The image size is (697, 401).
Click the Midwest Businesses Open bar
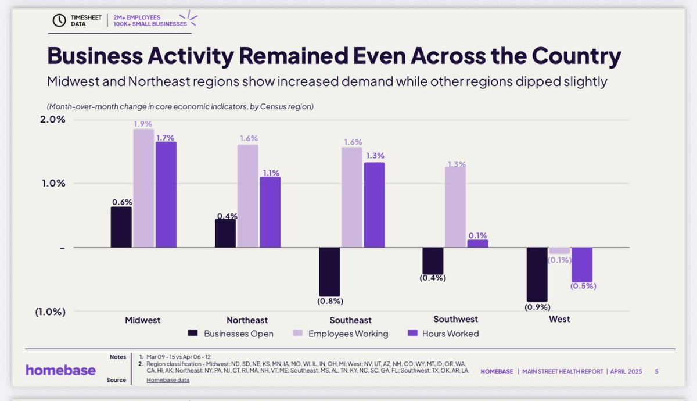tap(121, 227)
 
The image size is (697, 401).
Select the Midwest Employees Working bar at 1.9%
tap(143, 188)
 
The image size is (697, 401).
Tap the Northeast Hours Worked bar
tap(270, 212)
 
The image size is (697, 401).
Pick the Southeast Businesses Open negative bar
tap(329, 271)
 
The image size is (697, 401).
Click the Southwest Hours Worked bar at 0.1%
tap(477, 244)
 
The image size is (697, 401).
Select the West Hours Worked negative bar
tap(582, 264)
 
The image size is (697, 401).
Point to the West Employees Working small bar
tap(560, 250)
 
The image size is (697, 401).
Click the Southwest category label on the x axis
tap(455, 319)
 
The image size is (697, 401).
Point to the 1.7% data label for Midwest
tap(166, 138)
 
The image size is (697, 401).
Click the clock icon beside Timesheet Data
tap(59, 20)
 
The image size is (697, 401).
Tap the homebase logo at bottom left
tap(60, 370)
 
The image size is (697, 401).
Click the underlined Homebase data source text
tap(168, 380)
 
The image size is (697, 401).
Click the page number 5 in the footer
tap(656, 371)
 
